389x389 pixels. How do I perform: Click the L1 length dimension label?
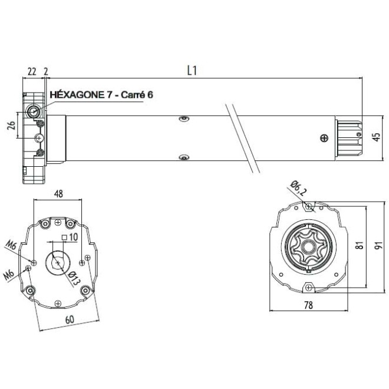[x=192, y=70]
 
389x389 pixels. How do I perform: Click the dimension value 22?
[x=32, y=71]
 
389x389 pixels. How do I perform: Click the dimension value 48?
[x=58, y=193]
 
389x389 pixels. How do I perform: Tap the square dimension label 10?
[x=73, y=237]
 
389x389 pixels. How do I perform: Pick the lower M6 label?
[x=9, y=275]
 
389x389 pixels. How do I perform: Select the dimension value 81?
[x=359, y=246]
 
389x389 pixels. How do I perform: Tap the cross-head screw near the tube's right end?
[x=322, y=138]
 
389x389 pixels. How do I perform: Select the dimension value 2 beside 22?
[x=46, y=71]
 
